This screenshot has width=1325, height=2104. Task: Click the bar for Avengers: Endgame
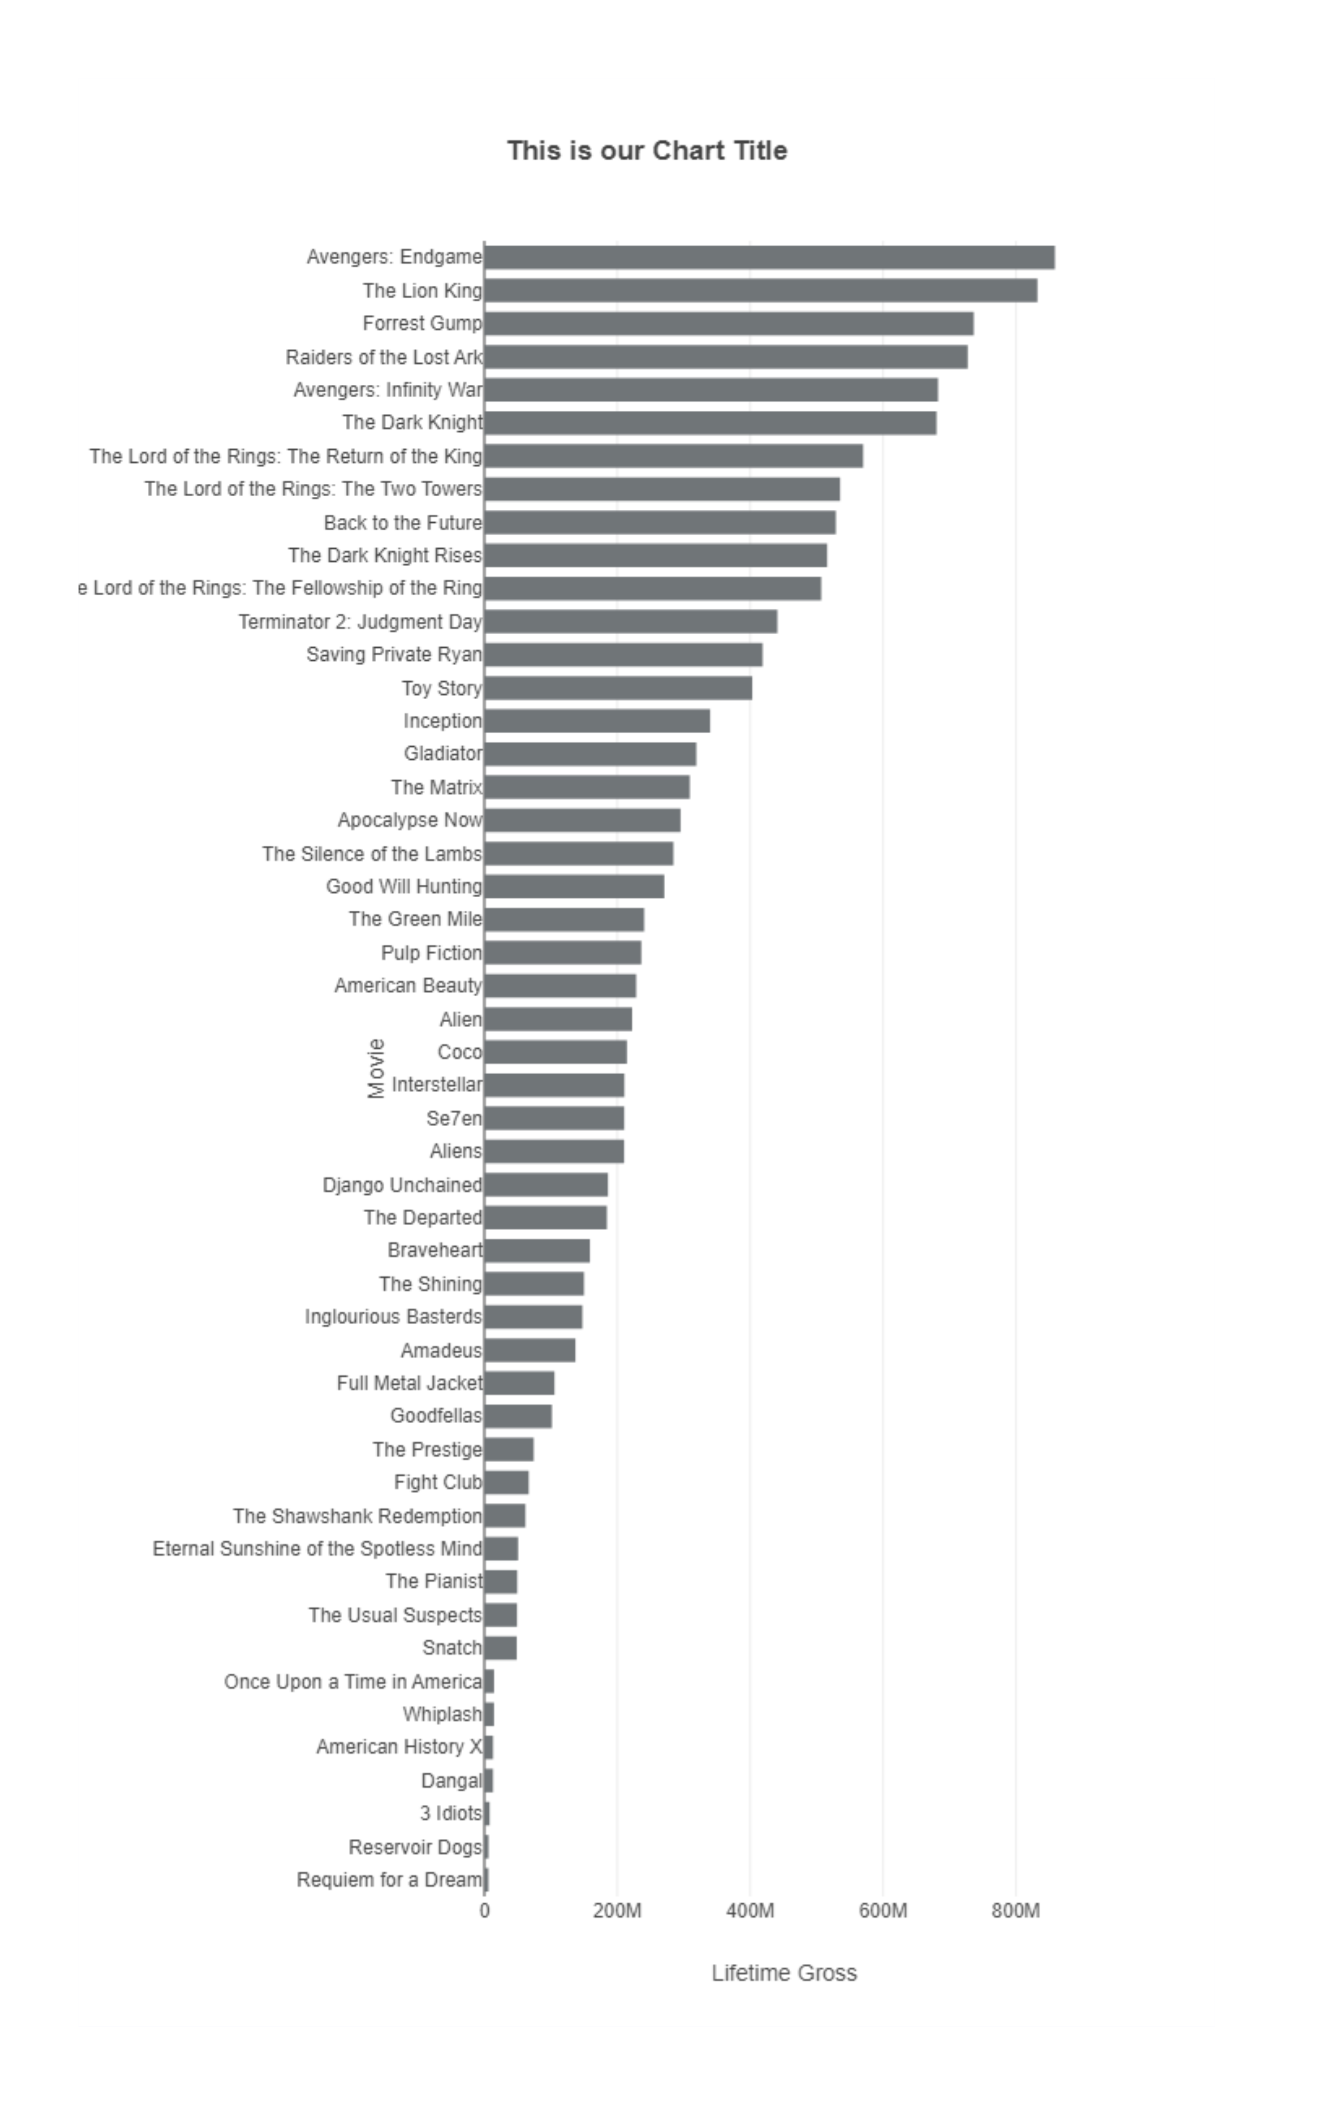tap(769, 258)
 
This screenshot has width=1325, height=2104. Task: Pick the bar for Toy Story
tap(618, 688)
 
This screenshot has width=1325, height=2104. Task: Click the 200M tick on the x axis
tap(617, 1911)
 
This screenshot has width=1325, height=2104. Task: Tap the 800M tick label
tap(1015, 1911)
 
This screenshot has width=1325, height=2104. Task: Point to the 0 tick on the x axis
tap(485, 1911)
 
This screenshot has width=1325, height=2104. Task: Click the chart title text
tap(647, 151)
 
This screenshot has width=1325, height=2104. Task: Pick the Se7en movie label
tap(454, 1119)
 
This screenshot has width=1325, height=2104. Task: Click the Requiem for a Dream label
tap(389, 1879)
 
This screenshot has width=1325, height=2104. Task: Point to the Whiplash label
tap(442, 1714)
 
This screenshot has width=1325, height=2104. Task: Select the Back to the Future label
tap(402, 523)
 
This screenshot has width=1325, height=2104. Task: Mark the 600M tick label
tap(883, 1911)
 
